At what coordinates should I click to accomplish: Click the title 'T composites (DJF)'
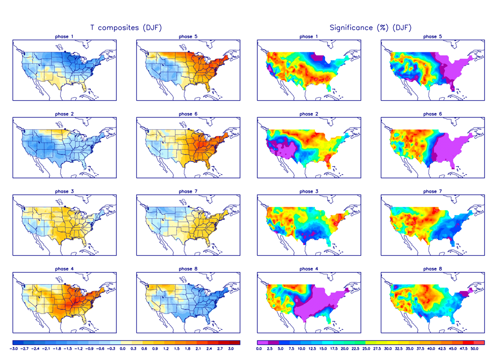[x=126, y=28]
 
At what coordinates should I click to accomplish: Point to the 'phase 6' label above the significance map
[x=430, y=114]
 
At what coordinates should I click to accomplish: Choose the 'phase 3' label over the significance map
[x=306, y=191]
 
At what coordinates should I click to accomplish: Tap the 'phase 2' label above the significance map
[x=306, y=114]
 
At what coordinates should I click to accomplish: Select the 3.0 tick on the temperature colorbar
[x=231, y=348]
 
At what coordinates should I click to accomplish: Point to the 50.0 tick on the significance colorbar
[x=474, y=348]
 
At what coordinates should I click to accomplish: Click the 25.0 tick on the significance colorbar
[x=366, y=348]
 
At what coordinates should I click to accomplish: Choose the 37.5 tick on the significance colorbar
[x=420, y=348]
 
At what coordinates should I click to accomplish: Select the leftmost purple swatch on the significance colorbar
[x=262, y=342]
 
